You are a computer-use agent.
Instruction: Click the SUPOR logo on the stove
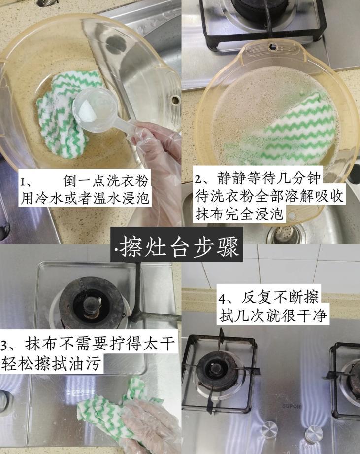[291, 406]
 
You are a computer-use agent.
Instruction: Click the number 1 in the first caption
[23, 182]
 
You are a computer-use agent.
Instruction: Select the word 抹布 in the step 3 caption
[39, 344]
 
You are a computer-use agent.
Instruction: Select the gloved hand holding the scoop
[158, 145]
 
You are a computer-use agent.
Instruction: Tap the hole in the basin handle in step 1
[175, 100]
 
